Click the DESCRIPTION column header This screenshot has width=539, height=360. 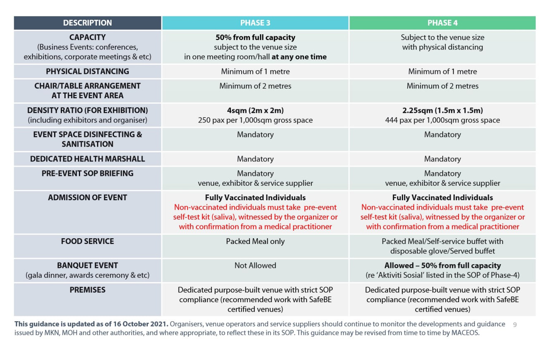tap(87, 23)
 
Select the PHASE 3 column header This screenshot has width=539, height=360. tap(255, 23)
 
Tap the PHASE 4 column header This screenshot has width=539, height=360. tap(442, 23)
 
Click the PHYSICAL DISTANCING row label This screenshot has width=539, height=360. tap(87, 71)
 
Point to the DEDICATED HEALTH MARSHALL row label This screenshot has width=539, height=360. tap(87, 159)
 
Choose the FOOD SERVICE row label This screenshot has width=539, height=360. tap(87, 241)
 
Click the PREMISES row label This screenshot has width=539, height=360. tap(87, 290)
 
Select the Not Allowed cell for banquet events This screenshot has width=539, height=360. tap(255, 265)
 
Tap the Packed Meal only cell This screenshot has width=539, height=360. tap(255, 241)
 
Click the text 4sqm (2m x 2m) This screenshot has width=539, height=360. tap(255, 110)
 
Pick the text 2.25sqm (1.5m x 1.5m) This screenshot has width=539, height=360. tap(442, 110)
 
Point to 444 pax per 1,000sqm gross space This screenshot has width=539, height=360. tap(442, 120)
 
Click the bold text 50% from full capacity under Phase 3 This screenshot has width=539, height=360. tap(255, 38)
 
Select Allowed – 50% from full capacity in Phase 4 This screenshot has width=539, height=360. tap(442, 265)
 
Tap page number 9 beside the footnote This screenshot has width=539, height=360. tap(515, 325)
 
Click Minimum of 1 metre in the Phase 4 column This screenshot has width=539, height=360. tap(442, 71)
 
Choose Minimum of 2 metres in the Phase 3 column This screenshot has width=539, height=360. tap(255, 86)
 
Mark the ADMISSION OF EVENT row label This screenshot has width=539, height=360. tap(87, 197)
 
